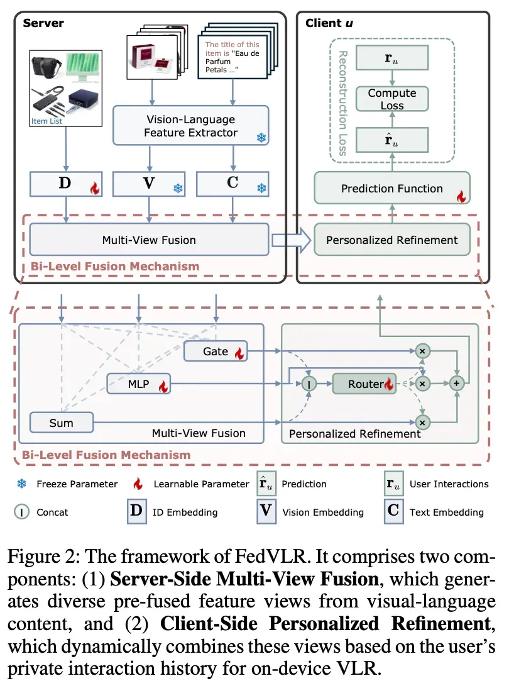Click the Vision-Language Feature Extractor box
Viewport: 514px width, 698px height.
point(191,126)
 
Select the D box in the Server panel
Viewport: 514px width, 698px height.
point(66,184)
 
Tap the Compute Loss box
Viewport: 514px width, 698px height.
point(392,99)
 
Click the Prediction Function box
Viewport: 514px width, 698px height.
point(392,188)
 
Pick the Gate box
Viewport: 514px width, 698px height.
point(216,352)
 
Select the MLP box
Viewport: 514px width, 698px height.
point(139,384)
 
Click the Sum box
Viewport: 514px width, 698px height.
point(62,423)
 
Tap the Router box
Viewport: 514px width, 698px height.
point(364,384)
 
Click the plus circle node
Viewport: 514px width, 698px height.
point(457,384)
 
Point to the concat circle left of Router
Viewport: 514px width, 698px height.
point(309,384)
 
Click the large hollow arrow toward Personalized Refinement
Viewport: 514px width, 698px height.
point(291,240)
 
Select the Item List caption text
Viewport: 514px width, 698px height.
point(46,121)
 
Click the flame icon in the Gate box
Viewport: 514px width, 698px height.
point(239,353)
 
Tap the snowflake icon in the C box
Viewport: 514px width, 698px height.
point(261,188)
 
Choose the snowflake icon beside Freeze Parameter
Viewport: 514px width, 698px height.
point(21,484)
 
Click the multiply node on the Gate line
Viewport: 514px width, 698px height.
point(422,352)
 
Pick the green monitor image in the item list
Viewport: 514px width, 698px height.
point(83,67)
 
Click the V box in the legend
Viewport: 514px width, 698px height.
point(266,511)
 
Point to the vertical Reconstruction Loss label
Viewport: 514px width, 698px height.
point(343,103)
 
